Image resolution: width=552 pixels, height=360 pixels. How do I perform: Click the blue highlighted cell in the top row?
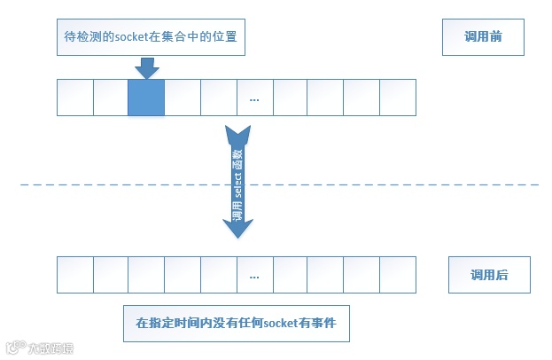(x=146, y=98)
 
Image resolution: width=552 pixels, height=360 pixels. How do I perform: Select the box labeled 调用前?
(x=484, y=37)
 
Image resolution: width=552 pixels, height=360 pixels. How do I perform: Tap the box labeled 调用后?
(x=489, y=275)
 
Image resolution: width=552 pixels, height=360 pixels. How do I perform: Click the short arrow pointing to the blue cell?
(x=147, y=67)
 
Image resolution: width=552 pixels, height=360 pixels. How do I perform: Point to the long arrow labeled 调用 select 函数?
(x=237, y=182)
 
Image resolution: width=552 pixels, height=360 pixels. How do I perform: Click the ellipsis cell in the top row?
(x=254, y=98)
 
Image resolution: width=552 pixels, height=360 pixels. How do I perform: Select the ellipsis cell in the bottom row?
(x=254, y=275)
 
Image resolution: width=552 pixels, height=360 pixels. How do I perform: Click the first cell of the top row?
(x=74, y=98)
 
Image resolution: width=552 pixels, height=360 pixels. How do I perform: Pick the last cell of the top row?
(x=398, y=98)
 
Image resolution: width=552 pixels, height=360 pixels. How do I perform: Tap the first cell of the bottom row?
(x=74, y=275)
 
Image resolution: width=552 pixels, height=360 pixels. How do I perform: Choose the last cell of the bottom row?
(x=398, y=275)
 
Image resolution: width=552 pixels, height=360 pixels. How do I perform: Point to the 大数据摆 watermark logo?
(x=40, y=348)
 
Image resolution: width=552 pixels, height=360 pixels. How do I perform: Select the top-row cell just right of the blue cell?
(x=183, y=98)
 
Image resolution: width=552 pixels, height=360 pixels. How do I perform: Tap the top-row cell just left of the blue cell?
(x=111, y=98)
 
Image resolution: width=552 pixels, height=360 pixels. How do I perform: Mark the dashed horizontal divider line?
(x=399, y=184)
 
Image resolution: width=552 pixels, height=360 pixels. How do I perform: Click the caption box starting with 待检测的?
(x=147, y=37)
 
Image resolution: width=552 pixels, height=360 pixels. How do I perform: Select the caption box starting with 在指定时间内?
(x=236, y=324)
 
